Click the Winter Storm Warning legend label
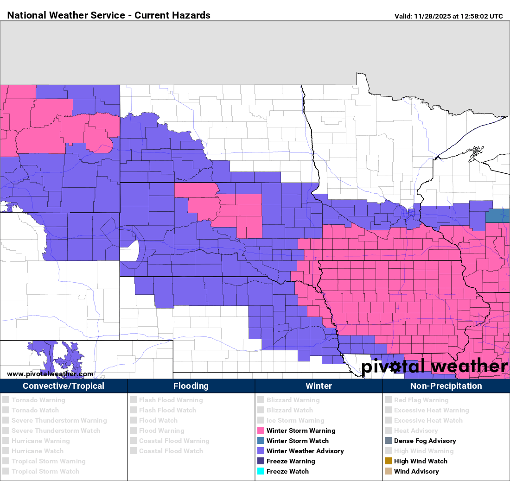[x=300, y=430]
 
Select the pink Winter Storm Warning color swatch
[x=261, y=430]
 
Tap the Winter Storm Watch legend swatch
[x=261, y=441]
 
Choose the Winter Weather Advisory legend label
[x=305, y=451]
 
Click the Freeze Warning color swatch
[x=261, y=461]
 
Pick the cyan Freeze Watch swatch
[x=261, y=471]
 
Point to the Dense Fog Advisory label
[x=425, y=441]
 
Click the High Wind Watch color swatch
[x=388, y=461]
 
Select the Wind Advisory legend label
[x=416, y=471]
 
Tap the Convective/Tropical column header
[x=64, y=386]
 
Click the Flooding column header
[x=191, y=386]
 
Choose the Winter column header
[x=319, y=386]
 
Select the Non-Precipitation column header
[x=446, y=386]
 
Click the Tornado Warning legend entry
[x=38, y=400]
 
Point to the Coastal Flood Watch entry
[x=171, y=451]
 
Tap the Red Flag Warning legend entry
[x=421, y=400]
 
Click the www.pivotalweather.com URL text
[x=50, y=374]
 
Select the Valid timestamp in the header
[x=448, y=16]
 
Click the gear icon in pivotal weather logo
[x=395, y=367]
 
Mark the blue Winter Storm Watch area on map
[x=497, y=215]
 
